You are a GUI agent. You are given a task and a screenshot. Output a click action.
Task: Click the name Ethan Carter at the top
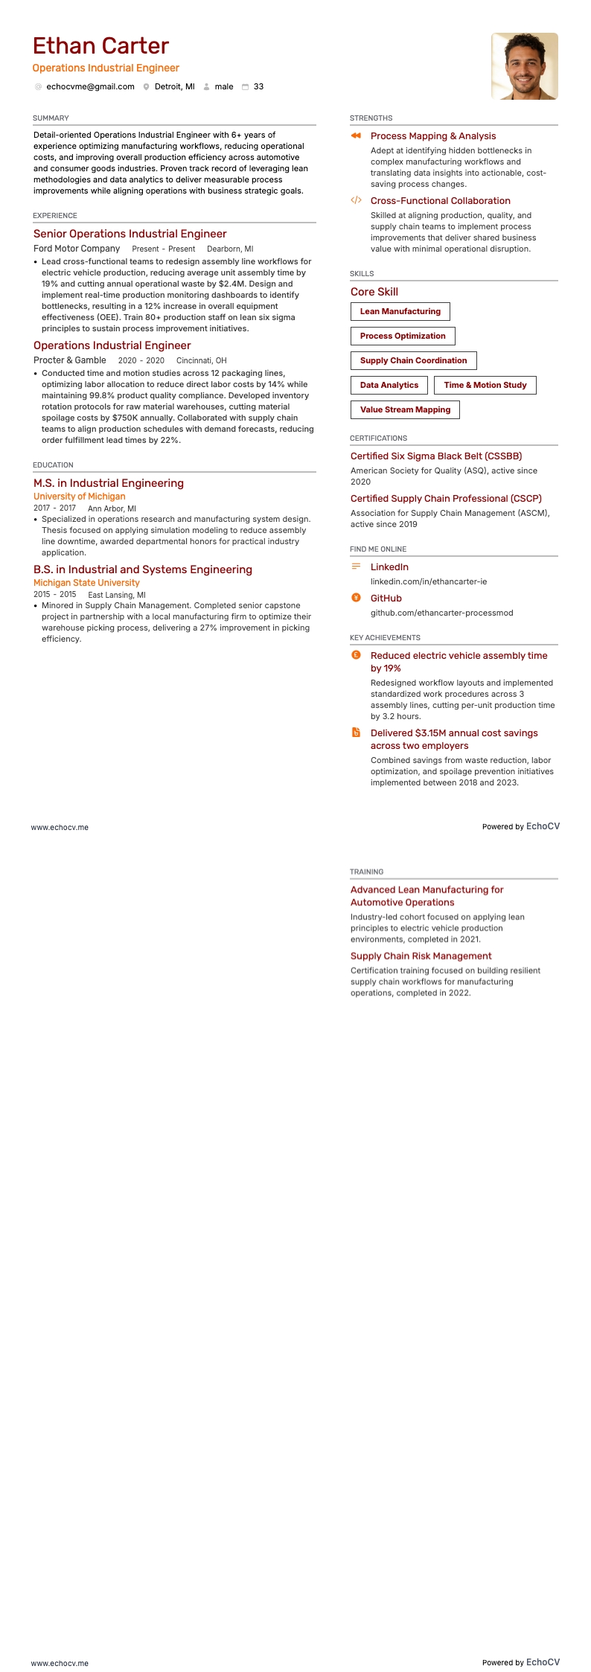tap(100, 46)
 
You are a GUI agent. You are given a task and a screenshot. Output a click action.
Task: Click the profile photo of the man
tap(524, 66)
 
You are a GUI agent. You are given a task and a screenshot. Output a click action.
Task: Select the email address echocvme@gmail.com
tap(90, 87)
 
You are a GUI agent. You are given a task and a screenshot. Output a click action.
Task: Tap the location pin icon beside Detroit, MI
tap(147, 87)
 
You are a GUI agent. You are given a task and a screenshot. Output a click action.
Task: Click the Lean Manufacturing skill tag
tap(400, 312)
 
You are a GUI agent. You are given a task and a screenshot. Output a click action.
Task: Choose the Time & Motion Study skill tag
tap(485, 386)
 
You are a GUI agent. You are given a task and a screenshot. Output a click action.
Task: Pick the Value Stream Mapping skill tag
tap(405, 410)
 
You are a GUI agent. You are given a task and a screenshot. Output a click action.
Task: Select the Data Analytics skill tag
tap(389, 386)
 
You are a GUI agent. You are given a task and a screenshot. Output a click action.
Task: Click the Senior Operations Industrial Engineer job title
tap(130, 234)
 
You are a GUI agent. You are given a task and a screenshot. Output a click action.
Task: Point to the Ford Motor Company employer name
tap(77, 249)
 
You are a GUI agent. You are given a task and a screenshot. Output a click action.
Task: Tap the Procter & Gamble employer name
tap(70, 360)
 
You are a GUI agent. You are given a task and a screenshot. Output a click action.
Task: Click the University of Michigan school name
tap(79, 497)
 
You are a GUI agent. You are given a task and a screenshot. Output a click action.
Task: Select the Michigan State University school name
tap(86, 583)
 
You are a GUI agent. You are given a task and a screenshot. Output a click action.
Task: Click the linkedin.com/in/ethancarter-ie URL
tap(429, 581)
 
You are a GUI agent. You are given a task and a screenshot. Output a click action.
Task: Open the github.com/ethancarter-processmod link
tap(441, 613)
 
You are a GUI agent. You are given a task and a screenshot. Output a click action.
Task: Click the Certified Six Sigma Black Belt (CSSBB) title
tap(436, 456)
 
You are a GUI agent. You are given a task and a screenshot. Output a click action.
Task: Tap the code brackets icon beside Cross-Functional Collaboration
tap(356, 200)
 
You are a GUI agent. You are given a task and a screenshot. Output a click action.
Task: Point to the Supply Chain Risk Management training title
tap(421, 956)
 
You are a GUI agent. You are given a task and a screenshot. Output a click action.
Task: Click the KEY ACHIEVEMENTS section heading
tap(385, 638)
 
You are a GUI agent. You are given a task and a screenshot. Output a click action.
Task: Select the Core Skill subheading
tap(374, 292)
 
